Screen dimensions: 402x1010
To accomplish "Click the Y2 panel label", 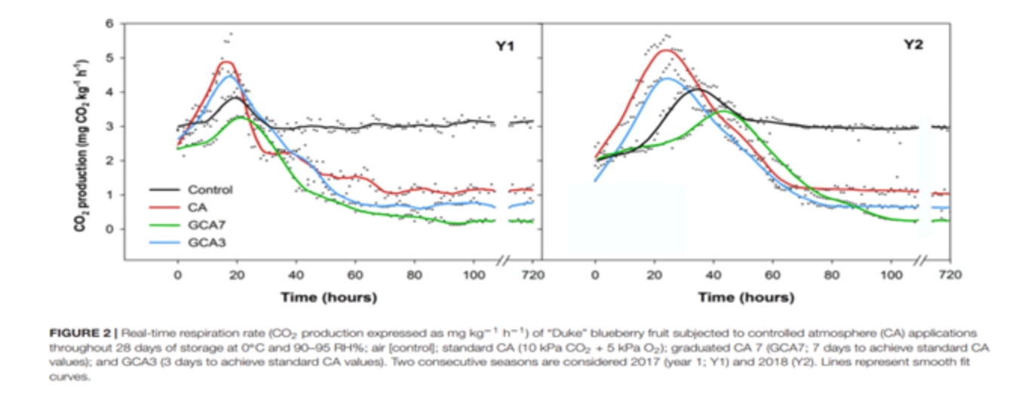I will pyautogui.click(x=913, y=45).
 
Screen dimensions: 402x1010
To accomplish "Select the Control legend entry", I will pyautogui.click(x=210, y=190).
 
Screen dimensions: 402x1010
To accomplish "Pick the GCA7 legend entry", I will pyautogui.click(x=206, y=224).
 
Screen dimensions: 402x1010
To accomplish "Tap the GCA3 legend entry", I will pyautogui.click(x=206, y=241).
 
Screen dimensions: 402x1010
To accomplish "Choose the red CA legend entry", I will pyautogui.click(x=199, y=207).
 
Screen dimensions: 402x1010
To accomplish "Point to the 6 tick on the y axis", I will pyautogui.click(x=109, y=24).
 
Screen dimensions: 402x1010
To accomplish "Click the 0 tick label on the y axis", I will pyautogui.click(x=109, y=229).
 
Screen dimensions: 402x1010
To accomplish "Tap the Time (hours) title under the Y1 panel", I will pyautogui.click(x=328, y=297).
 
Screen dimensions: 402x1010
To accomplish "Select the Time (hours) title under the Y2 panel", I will pyautogui.click(x=746, y=297).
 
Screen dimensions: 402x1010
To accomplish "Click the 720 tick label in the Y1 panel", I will pyautogui.click(x=532, y=275).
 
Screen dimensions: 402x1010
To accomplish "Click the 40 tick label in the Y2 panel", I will pyautogui.click(x=714, y=275).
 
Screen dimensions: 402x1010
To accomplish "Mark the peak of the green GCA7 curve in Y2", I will pyautogui.click(x=724, y=111).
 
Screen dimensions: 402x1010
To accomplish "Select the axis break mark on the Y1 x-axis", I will pyautogui.click(x=504, y=260).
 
